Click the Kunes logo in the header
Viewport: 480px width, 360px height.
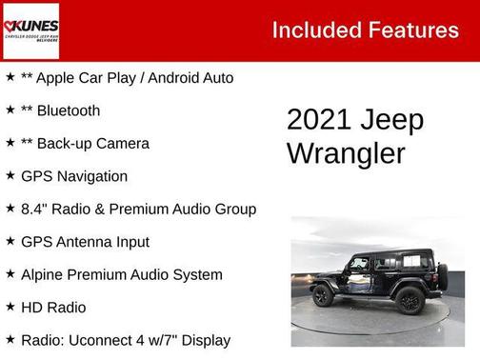pyautogui.click(x=30, y=30)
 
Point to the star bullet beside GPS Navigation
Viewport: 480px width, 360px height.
pyautogui.click(x=10, y=175)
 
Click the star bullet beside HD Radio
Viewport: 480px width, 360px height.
pyautogui.click(x=10, y=307)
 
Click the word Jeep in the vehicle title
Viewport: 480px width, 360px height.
pyautogui.click(x=393, y=121)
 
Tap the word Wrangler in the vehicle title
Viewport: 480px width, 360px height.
pyautogui.click(x=346, y=152)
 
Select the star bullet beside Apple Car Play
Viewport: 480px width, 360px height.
pyautogui.click(x=10, y=77)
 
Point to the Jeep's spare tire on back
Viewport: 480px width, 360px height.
pyautogui.click(x=441, y=277)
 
